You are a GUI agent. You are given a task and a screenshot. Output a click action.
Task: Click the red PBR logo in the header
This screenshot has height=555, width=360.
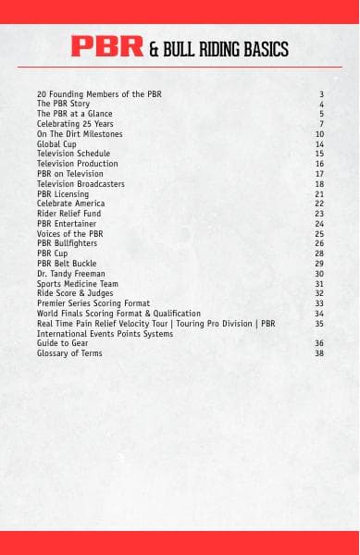[107, 47]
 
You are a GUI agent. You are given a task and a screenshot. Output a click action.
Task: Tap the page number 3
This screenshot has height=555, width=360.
[321, 94]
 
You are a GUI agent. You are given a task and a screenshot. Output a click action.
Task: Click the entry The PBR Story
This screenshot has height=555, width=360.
[63, 105]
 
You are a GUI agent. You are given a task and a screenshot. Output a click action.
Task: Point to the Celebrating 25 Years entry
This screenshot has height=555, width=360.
[75, 124]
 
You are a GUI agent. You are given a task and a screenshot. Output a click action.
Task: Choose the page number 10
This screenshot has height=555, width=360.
[319, 134]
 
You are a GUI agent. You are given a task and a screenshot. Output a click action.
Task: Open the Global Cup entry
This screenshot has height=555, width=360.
[57, 144]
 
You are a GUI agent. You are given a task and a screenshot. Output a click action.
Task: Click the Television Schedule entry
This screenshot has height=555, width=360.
[73, 154]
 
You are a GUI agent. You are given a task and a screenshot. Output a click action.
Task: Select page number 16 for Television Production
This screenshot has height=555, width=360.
[319, 164]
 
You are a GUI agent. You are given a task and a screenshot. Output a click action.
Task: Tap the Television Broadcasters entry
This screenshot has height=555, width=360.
[81, 184]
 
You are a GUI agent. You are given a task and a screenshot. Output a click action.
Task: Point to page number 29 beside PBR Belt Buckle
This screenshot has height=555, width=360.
[319, 264]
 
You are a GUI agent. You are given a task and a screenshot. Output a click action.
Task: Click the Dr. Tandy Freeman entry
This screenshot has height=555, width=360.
[70, 274]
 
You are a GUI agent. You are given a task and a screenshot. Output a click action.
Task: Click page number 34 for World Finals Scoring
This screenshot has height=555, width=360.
[319, 314]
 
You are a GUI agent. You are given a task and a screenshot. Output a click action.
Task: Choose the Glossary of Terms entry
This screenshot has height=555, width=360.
[69, 353]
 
